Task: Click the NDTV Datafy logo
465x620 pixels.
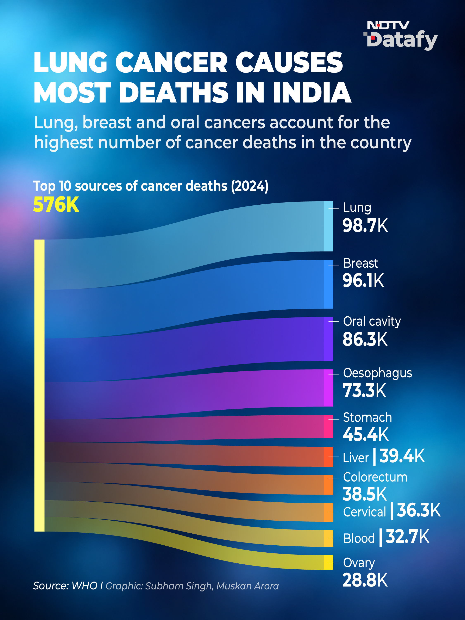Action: [401, 36]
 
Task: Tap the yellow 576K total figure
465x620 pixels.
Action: [56, 204]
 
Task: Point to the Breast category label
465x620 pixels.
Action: [361, 263]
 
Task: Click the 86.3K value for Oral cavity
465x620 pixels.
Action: [365, 339]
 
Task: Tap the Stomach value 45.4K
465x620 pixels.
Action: [366, 434]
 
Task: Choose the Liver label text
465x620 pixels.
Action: [356, 458]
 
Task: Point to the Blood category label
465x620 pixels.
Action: [359, 538]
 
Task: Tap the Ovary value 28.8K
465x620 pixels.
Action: [365, 580]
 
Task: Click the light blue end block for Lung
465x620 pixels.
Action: [328, 226]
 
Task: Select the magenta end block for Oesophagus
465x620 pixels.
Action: [328, 388]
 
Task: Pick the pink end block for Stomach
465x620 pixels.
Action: [328, 427]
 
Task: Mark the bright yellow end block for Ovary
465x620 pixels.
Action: [328, 562]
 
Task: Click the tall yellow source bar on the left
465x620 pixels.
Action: [39, 385]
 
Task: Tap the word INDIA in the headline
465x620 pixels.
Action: [312, 92]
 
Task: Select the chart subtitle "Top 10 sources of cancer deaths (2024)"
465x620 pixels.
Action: [151, 186]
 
